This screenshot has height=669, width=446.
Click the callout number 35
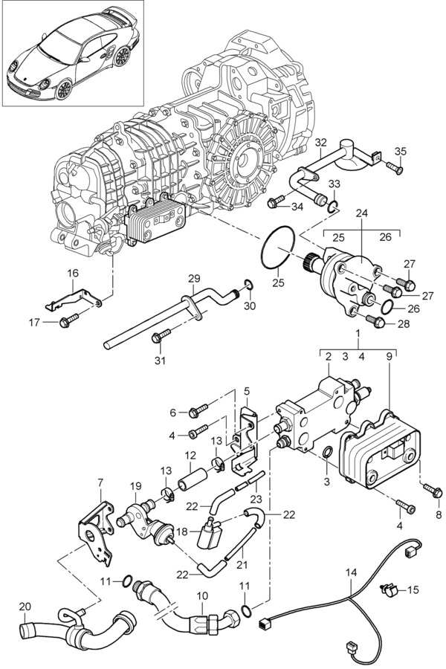[x=401, y=152]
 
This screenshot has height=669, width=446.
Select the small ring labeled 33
[x=333, y=207]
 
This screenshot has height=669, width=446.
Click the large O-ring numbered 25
[x=278, y=248]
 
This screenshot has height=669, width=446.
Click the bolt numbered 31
[x=161, y=335]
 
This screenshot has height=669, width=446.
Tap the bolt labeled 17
[x=68, y=320]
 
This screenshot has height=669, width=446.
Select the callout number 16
[x=73, y=273]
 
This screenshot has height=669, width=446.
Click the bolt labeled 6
[x=198, y=410]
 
